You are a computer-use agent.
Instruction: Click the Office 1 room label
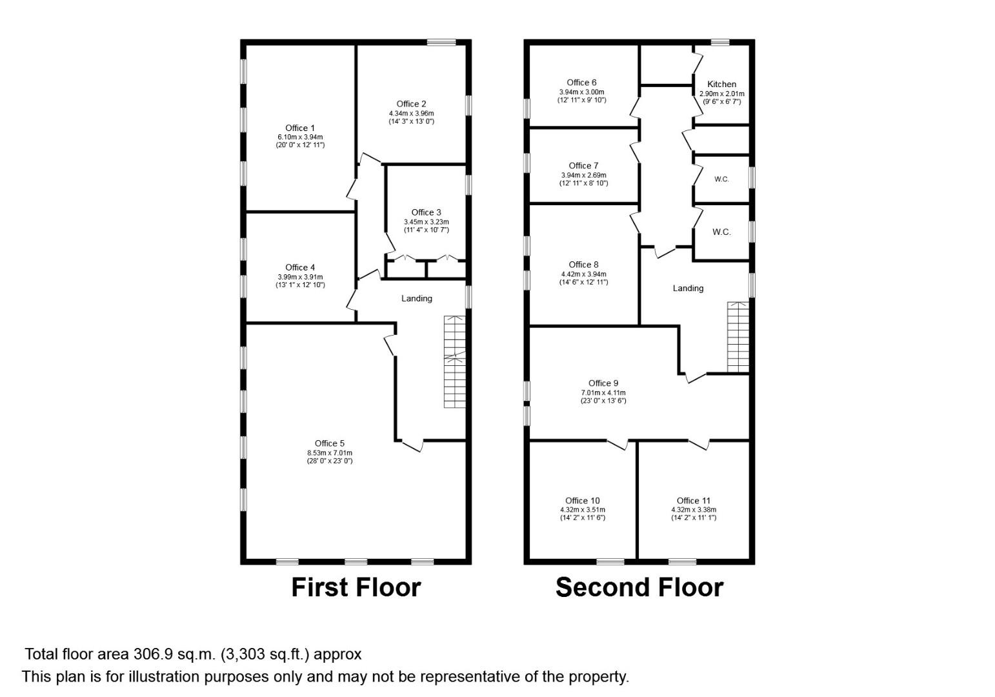tap(300, 128)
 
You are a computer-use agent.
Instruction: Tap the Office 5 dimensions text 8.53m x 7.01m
tap(330, 452)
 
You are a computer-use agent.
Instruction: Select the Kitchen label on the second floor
tap(722, 84)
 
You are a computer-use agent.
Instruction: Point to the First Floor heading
tap(356, 587)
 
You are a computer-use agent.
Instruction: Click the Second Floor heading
tap(639, 587)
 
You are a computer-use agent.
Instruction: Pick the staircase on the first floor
tap(455, 361)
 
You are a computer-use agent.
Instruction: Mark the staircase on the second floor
tap(738, 337)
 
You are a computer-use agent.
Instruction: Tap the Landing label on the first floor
tap(417, 299)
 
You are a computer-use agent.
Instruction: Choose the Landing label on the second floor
tap(688, 288)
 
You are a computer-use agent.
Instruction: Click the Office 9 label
tap(603, 383)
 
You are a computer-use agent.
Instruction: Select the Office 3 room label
tap(427, 212)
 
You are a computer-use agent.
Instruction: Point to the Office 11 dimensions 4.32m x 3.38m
tap(694, 510)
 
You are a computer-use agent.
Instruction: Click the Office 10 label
tap(583, 501)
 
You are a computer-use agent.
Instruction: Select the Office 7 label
tap(584, 166)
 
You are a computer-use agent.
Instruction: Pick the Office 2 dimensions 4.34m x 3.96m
tap(411, 114)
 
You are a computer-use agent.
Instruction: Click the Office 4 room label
tap(300, 267)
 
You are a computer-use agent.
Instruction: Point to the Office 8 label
tap(584, 265)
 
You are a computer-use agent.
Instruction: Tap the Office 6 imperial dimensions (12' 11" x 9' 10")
tap(582, 100)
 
